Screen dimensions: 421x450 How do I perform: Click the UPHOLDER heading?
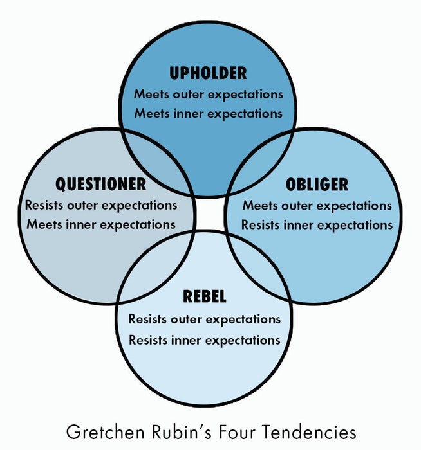coord(208,73)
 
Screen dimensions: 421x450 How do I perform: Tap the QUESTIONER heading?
coord(101,184)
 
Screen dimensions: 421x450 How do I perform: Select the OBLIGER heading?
coord(317,184)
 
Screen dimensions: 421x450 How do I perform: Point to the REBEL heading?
coord(204,296)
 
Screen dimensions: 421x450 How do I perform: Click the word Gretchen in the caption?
coord(105,432)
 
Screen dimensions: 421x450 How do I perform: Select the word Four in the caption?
coord(237,432)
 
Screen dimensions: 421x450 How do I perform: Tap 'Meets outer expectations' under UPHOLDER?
coord(209,94)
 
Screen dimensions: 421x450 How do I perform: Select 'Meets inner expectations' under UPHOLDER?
coord(209,114)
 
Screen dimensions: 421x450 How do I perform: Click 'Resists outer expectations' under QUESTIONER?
coord(101,206)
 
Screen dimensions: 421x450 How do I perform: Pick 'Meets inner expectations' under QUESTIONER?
coord(101,225)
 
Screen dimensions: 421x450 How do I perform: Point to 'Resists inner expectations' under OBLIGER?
coord(317,225)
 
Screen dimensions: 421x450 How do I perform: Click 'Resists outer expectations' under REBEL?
coord(204,319)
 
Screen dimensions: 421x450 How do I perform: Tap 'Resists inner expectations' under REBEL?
coord(204,340)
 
